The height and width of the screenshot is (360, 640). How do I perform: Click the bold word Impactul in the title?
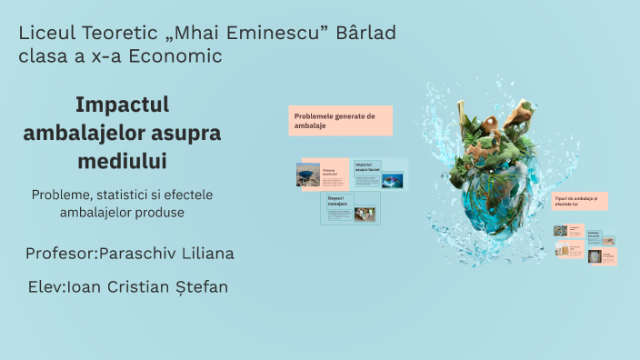[x=123, y=105]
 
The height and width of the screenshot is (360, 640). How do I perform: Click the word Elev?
[x=45, y=287]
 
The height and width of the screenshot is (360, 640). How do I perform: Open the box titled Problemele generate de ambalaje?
[x=342, y=121]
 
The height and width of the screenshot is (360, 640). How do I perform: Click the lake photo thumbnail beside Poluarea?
[x=307, y=175]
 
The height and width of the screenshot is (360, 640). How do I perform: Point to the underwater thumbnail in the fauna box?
[x=393, y=179]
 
